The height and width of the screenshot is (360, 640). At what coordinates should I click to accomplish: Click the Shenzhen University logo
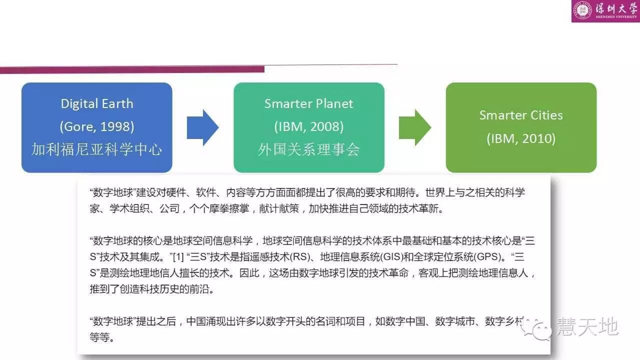click(605, 11)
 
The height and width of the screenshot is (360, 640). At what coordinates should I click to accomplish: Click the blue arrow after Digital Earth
click(202, 127)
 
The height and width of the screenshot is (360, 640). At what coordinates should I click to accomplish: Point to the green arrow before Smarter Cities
click(414, 127)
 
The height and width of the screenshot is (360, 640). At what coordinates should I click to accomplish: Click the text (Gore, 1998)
click(96, 126)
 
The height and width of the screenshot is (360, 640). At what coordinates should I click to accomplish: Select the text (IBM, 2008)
click(308, 126)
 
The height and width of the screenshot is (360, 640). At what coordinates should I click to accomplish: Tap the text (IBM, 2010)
click(521, 138)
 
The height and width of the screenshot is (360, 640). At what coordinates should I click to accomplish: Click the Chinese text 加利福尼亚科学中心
click(96, 149)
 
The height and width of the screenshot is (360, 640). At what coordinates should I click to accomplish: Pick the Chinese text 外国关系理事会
click(308, 149)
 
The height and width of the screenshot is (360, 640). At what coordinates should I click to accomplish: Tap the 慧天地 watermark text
click(587, 327)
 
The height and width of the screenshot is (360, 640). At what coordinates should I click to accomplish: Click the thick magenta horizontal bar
click(132, 69)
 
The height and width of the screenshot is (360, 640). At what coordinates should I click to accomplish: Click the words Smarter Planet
click(308, 104)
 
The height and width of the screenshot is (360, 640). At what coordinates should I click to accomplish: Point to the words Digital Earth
click(96, 104)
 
